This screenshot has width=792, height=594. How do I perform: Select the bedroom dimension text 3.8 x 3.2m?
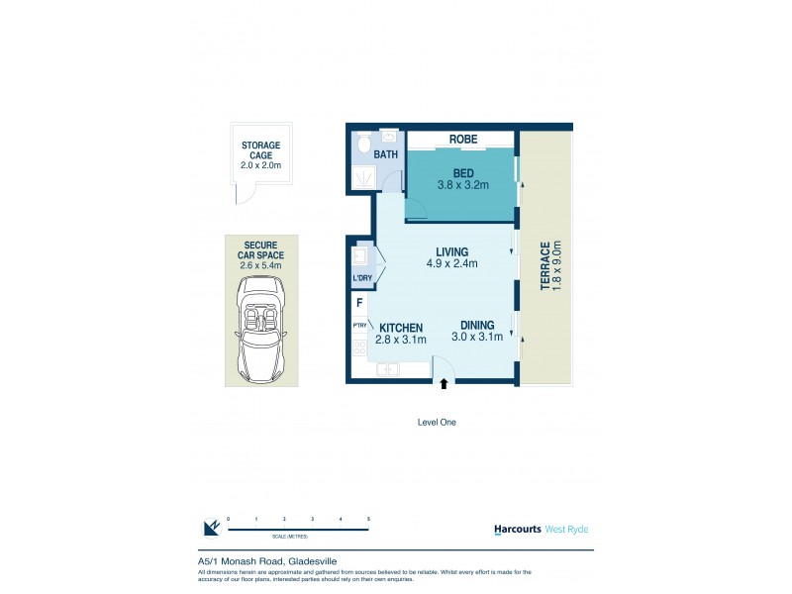point(463,184)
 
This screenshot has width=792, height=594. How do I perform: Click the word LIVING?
point(451,251)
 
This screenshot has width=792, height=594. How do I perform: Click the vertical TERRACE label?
point(544,264)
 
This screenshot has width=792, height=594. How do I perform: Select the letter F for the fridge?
point(359,303)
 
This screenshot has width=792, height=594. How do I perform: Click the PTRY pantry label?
point(358,325)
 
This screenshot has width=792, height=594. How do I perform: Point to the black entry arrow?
point(444,383)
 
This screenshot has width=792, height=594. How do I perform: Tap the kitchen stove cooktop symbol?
point(359,348)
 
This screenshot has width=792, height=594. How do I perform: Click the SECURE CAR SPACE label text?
point(261,254)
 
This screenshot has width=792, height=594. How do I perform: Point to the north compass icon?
point(210,528)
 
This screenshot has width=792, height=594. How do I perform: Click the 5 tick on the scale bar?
point(368,519)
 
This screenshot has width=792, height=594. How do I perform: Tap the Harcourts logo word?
point(517,529)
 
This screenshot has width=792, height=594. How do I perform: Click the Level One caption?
point(437,422)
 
